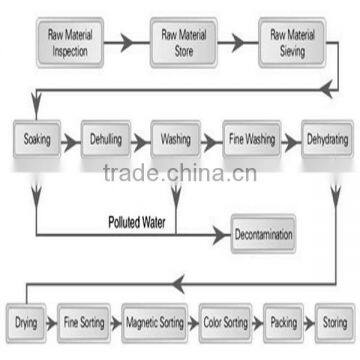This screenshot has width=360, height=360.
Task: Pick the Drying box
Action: point(27,324)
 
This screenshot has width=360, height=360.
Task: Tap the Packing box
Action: point(283,324)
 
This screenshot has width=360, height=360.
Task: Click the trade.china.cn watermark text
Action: point(180,176)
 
